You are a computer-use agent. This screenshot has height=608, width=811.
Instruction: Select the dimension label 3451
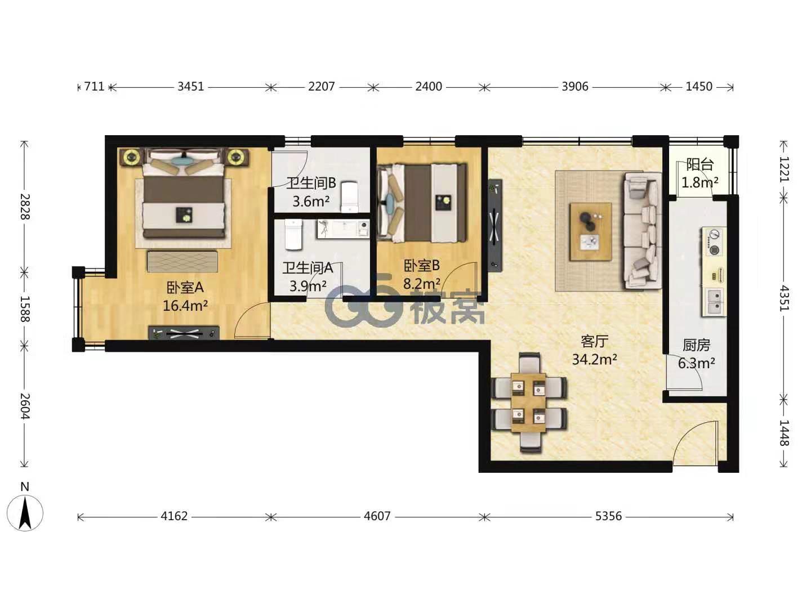pos(191,86)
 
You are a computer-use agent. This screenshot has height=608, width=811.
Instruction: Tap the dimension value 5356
pos(608,516)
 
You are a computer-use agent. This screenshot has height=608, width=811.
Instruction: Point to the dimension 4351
pos(783,298)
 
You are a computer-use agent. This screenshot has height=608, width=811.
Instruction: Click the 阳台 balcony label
pos(699,164)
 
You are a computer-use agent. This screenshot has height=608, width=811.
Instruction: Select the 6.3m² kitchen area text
pos(696,363)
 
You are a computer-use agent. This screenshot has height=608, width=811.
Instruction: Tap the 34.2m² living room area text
pos(595,359)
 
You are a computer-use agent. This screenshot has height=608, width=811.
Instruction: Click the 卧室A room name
pos(185,287)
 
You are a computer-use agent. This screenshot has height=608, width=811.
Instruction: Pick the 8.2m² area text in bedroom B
pos(422,284)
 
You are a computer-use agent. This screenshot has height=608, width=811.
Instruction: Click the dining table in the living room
pos(528,403)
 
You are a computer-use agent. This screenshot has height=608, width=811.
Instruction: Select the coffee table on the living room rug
pos(590,232)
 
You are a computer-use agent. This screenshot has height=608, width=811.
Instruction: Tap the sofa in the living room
pos(642,231)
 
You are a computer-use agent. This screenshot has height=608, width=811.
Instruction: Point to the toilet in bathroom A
pos(294,234)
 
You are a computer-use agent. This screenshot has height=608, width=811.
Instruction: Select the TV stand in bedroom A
pos(184,333)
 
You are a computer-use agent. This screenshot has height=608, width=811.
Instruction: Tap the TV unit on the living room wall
pos(495,226)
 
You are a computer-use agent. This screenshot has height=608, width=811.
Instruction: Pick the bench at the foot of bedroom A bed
pos(182,261)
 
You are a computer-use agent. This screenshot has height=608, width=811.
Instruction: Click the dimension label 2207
pos(321,86)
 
